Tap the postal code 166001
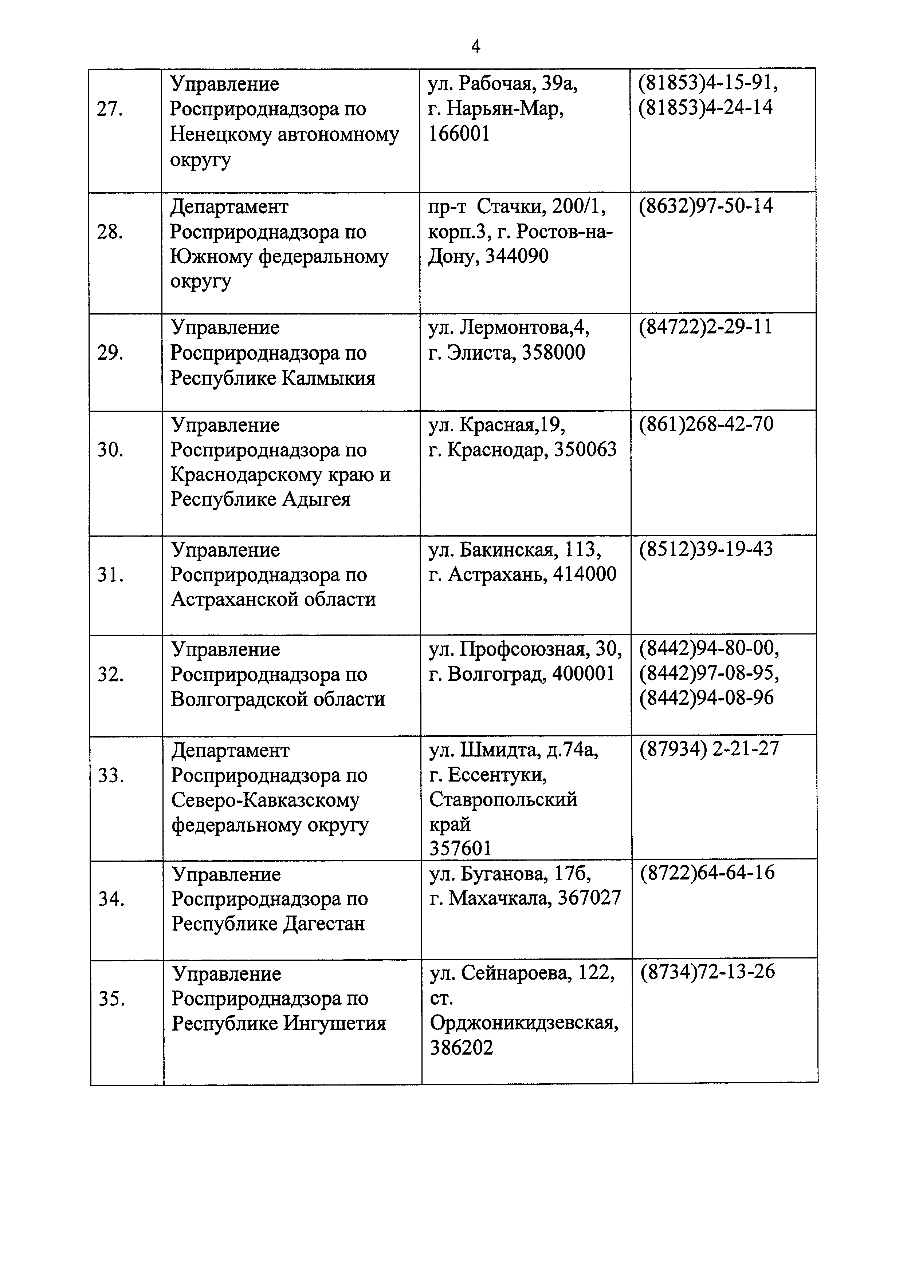pyautogui.click(x=459, y=134)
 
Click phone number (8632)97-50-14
pyautogui.click(x=706, y=206)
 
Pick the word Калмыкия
pyautogui.click(x=328, y=378)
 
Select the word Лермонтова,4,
pyautogui.click(x=525, y=328)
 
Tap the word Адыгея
pyautogui.click(x=316, y=499)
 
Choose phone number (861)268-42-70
pyautogui.click(x=706, y=424)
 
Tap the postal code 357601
pyautogui.click(x=461, y=848)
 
